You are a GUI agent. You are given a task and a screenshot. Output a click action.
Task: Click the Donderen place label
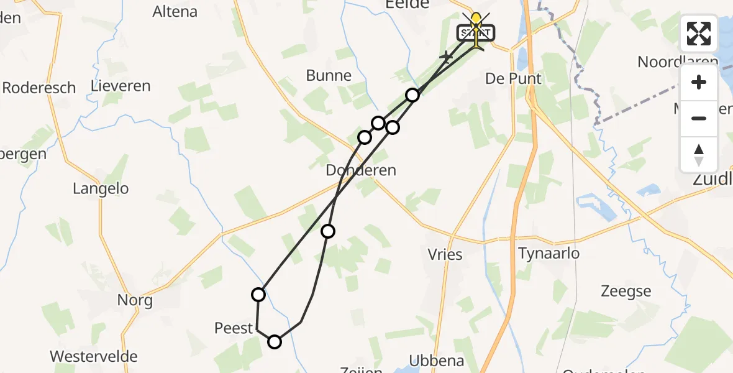[x=361, y=170]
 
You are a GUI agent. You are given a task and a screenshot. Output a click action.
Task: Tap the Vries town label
[x=445, y=254]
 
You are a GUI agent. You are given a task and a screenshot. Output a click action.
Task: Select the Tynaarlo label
[x=549, y=254]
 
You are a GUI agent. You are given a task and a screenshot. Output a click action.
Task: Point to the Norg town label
[x=135, y=301]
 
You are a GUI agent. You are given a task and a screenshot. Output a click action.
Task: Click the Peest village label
[x=234, y=328]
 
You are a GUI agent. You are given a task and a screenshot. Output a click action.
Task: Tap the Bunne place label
[x=329, y=76]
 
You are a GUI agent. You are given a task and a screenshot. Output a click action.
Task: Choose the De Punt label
[x=513, y=78]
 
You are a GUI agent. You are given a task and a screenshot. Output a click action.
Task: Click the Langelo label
[x=101, y=188]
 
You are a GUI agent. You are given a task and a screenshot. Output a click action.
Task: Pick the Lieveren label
[x=121, y=86]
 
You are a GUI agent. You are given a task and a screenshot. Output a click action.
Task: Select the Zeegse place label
[x=626, y=291]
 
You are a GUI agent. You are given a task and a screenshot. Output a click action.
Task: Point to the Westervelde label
[x=93, y=357]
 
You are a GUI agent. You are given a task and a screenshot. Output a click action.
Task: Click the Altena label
[x=175, y=11]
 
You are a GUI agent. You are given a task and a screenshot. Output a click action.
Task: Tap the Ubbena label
[x=437, y=361]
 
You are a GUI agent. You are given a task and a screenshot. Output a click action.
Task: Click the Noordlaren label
[x=677, y=62]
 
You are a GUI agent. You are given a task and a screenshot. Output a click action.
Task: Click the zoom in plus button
[x=699, y=82]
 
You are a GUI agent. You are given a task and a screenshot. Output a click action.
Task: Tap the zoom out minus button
[x=699, y=118]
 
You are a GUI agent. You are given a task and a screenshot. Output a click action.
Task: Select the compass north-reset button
[x=699, y=154]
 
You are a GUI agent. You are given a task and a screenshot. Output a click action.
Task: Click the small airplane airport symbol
[x=446, y=57]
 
